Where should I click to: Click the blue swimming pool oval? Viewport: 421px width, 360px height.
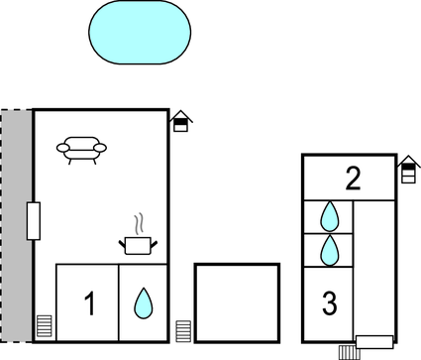140,33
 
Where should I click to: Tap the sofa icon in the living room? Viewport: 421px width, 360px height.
81,149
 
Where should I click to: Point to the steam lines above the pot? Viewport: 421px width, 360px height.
139,223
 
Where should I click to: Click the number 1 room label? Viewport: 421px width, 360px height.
89,304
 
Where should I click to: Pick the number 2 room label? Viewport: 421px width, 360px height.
353,180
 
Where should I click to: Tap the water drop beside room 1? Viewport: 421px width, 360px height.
144,302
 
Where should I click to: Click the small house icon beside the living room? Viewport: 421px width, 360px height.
180,122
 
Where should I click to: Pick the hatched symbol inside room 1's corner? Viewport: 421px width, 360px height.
44,326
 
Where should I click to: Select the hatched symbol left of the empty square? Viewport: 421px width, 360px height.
183,331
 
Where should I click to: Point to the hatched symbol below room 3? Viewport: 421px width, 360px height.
346,350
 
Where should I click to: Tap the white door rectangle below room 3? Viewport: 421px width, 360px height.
374,342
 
